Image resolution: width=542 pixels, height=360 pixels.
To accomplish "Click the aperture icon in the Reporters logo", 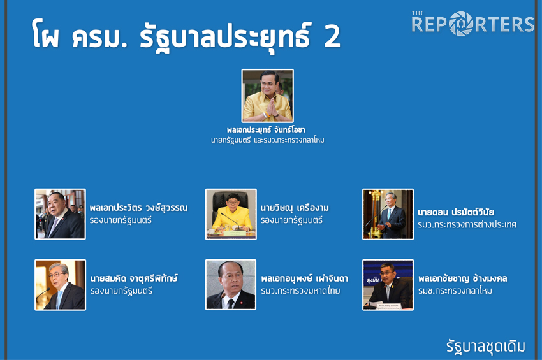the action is pyautogui.click(x=461, y=24).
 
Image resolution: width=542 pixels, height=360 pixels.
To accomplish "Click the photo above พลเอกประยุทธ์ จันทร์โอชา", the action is pyautogui.click(x=268, y=96).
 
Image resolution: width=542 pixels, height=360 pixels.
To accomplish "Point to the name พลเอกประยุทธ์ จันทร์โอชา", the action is pyautogui.click(x=266, y=129).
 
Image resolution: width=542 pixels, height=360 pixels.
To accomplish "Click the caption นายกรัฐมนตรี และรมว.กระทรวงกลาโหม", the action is pyautogui.click(x=268, y=140).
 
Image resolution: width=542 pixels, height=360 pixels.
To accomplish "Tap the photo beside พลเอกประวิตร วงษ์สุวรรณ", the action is pyautogui.click(x=60, y=214).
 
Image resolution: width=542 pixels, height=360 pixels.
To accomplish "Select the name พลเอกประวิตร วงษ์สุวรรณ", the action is pyautogui.click(x=138, y=207).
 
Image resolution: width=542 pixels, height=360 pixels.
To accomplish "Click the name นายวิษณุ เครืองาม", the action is pyautogui.click(x=295, y=207).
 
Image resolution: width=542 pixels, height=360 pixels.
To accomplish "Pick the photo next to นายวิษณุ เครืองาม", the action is pyautogui.click(x=231, y=214).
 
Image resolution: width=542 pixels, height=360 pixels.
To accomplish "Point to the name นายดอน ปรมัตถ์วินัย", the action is pyautogui.click(x=455, y=212).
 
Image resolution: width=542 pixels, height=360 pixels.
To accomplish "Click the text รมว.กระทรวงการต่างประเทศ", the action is pyautogui.click(x=467, y=224).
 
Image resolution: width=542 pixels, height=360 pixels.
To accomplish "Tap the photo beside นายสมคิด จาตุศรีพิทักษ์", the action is pyautogui.click(x=60, y=285).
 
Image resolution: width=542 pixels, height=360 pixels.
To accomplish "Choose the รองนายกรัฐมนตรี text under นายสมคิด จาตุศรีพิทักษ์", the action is pyautogui.click(x=121, y=291).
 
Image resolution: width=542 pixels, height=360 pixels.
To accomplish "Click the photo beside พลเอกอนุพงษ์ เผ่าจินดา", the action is pyautogui.click(x=231, y=285).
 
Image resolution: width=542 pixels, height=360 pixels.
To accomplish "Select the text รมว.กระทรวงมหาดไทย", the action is pyautogui.click(x=300, y=291).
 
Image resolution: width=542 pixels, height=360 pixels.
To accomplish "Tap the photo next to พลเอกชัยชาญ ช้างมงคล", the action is pyautogui.click(x=388, y=285).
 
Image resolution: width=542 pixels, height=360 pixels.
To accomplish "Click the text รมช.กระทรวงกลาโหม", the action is pyautogui.click(x=455, y=291).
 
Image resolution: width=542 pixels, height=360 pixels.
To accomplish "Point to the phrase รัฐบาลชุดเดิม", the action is pyautogui.click(x=486, y=347).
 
